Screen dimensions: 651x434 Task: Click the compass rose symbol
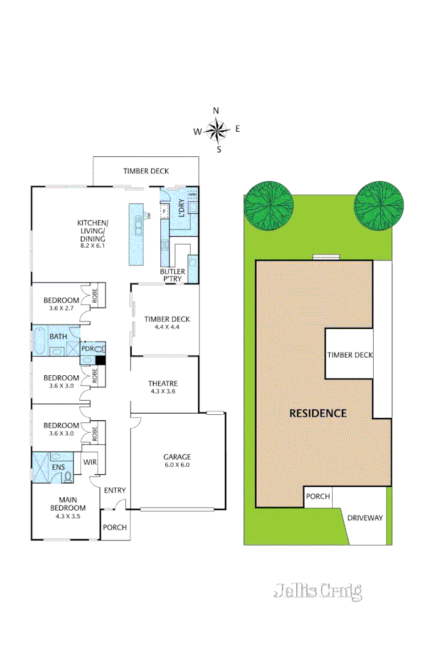tap(216, 129)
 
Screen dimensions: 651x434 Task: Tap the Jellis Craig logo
tap(318, 591)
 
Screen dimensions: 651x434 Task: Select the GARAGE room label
tap(177, 456)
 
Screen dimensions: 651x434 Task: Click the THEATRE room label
tap(163, 383)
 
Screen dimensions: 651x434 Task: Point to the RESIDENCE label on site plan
tap(318, 413)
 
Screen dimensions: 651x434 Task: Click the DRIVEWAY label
tap(365, 518)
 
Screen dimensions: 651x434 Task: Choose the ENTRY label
tap(115, 491)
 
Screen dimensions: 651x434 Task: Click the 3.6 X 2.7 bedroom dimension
tap(61, 309)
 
